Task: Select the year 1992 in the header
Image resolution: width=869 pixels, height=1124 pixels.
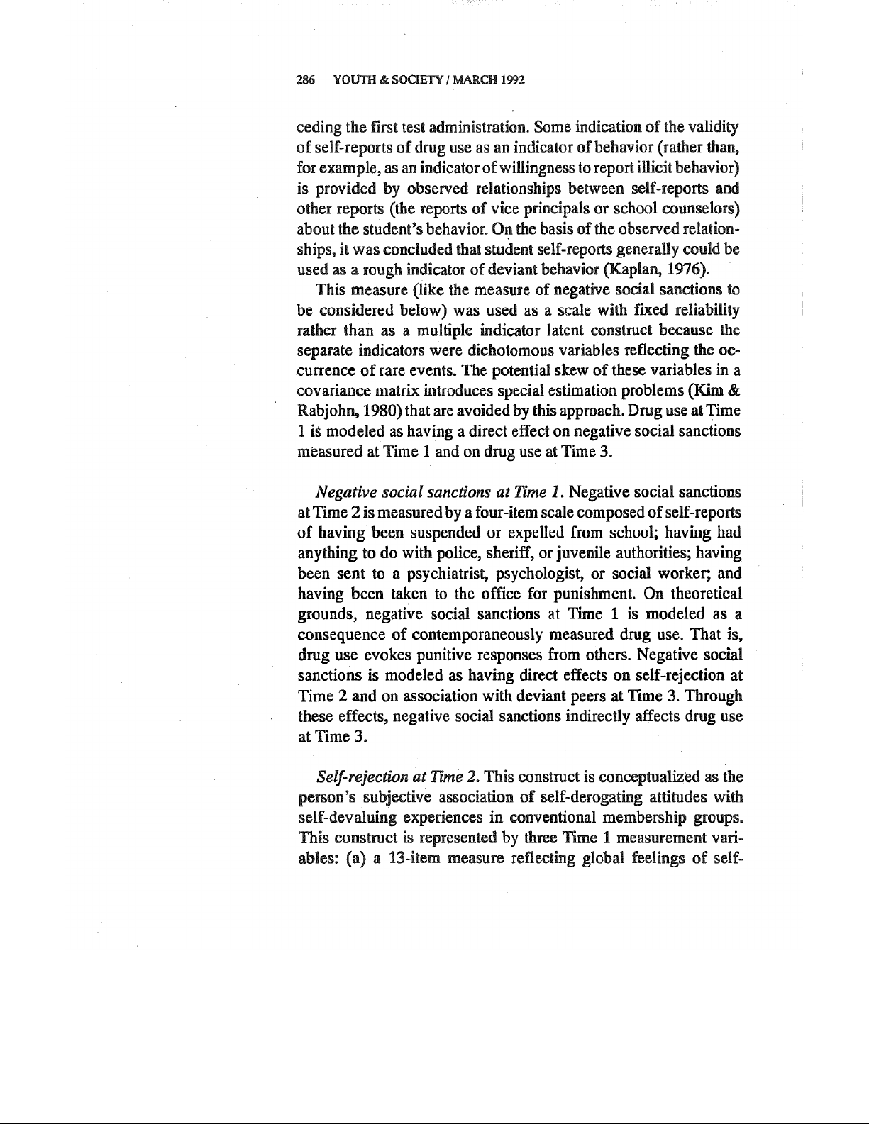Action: click(511, 79)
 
